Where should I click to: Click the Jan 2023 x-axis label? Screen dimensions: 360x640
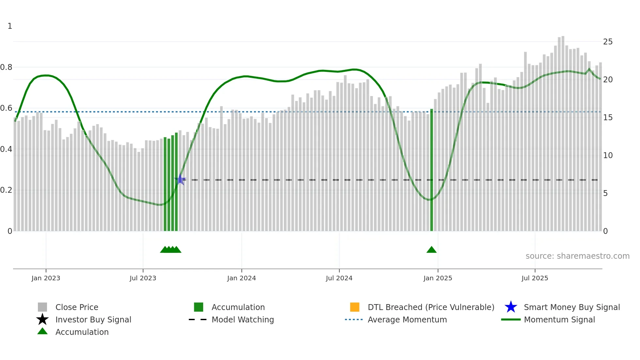[x=46, y=278]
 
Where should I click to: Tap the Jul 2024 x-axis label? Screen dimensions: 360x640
[x=339, y=278]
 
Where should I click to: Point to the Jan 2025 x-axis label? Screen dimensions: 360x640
[x=438, y=278]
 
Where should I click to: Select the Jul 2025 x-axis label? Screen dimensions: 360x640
[x=535, y=278]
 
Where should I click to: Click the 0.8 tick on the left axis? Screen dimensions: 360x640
[x=6, y=67]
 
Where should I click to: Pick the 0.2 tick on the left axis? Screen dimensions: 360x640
[x=6, y=190]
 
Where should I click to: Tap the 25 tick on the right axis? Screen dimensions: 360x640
[x=608, y=42]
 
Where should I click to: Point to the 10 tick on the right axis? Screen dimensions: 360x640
[x=608, y=155]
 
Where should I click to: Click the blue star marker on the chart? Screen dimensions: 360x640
[x=180, y=179]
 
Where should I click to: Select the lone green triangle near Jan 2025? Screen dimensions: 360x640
[x=431, y=250]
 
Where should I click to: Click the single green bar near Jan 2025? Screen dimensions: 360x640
[x=431, y=170]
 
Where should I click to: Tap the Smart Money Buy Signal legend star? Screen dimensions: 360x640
[x=511, y=307]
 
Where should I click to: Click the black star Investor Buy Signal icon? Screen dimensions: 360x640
[x=42, y=319]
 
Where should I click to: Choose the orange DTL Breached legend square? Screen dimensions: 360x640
[x=355, y=307]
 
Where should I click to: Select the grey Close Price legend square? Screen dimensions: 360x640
[x=42, y=307]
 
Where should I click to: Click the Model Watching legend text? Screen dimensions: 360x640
[x=243, y=319]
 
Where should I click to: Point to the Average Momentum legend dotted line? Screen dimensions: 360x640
[x=354, y=319]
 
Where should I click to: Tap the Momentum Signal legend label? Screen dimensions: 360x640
[x=559, y=319]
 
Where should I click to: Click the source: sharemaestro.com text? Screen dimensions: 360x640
[x=577, y=256]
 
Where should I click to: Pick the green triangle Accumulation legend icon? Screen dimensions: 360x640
[x=42, y=331]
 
